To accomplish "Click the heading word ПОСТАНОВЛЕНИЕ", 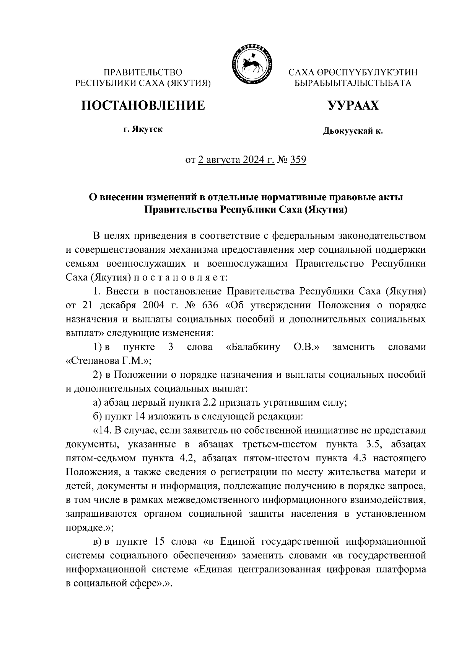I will tap(143, 105).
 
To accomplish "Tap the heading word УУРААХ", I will tap(353, 105).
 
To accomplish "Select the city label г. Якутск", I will tap(143, 129).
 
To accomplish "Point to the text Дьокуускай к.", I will tap(353, 131).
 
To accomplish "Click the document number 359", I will tap(298, 160).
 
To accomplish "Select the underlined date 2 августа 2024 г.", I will tap(236, 160).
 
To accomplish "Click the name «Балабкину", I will tap(253, 347).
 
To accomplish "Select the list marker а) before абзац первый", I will tap(97, 403).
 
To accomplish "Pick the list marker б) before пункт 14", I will tap(97, 416).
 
